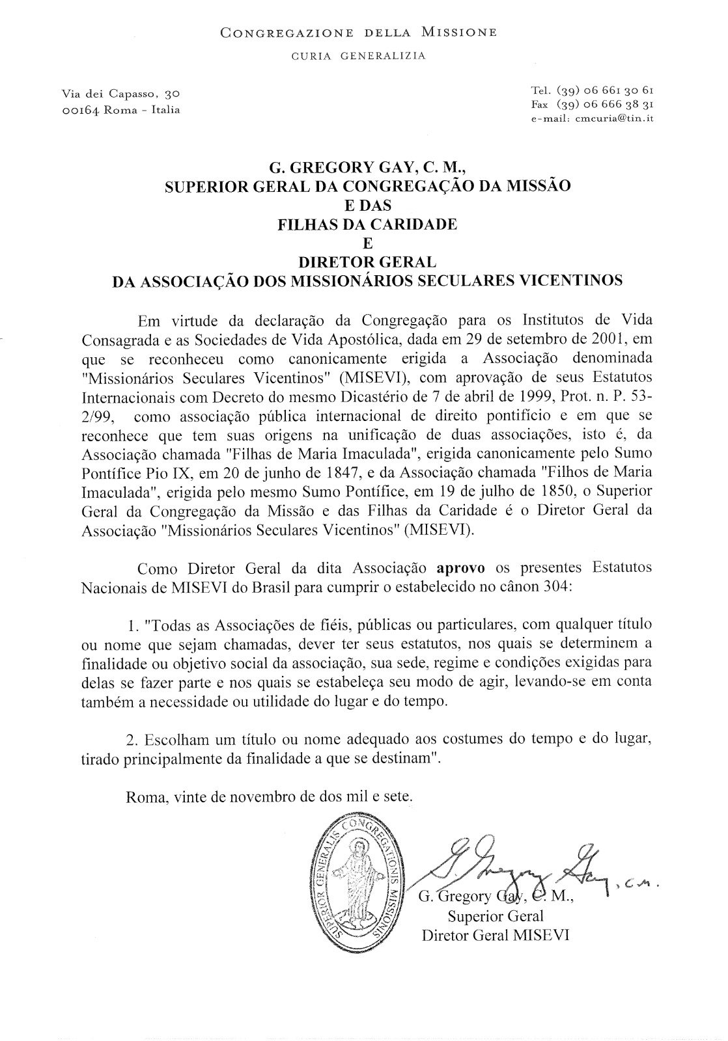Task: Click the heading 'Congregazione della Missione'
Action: (x=359, y=31)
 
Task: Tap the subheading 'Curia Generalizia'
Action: (x=359, y=56)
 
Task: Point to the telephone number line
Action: (x=592, y=90)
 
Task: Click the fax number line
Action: (x=592, y=104)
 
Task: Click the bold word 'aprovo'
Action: (x=460, y=567)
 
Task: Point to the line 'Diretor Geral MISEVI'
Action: (x=496, y=936)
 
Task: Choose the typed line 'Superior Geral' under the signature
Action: (x=496, y=917)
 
